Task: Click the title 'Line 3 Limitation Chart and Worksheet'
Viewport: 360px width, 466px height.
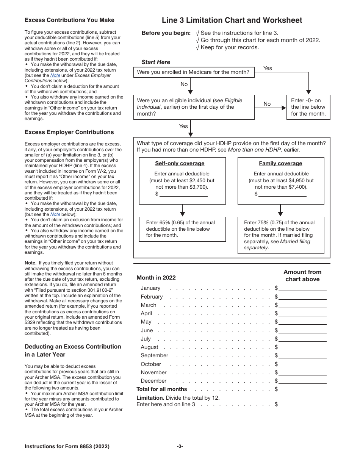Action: click(x=232, y=20)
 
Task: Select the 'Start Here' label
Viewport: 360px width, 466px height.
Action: click(x=156, y=62)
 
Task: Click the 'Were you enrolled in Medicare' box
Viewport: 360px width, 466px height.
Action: click(x=193, y=72)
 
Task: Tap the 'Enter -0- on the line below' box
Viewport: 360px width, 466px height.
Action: click(x=308, y=107)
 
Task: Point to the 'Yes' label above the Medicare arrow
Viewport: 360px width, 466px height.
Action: click(x=268, y=68)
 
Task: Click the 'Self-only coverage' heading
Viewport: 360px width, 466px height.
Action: click(x=180, y=163)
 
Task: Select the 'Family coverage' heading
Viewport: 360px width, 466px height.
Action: click(x=280, y=163)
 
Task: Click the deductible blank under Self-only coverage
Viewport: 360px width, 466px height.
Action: click(x=183, y=194)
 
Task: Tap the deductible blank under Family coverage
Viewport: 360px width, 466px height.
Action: click(x=282, y=194)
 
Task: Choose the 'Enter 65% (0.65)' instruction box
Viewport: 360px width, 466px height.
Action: click(x=182, y=229)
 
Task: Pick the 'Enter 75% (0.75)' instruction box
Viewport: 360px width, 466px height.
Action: click(x=280, y=235)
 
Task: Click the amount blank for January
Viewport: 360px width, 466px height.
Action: click(x=302, y=288)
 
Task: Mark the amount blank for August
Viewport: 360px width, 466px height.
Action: click(x=302, y=347)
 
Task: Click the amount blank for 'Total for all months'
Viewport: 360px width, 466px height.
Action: click(x=302, y=389)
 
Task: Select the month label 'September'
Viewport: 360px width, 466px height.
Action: click(x=154, y=356)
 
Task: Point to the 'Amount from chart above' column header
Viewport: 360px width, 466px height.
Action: click(x=302, y=275)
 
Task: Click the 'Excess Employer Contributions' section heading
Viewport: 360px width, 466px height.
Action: click(x=69, y=132)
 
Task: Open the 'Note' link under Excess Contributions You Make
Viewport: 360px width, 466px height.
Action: click(x=55, y=75)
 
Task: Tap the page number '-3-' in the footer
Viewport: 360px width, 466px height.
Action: click(x=180, y=446)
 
